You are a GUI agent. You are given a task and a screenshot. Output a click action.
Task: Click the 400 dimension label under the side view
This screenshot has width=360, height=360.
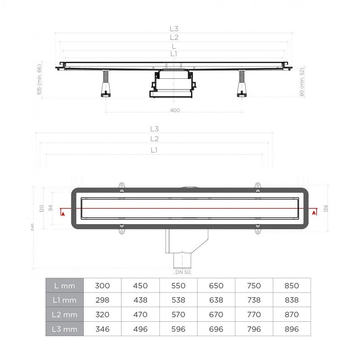click(175, 110)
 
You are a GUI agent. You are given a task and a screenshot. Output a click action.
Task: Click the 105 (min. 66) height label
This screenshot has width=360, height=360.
click(39, 79)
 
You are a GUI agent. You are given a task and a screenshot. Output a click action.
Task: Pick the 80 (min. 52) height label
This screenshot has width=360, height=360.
click(302, 81)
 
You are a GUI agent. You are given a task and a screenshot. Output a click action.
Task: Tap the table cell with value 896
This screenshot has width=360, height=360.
click(292, 329)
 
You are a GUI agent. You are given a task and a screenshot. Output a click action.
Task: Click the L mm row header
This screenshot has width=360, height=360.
click(64, 286)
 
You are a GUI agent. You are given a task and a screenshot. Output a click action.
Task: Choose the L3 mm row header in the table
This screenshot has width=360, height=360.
click(64, 329)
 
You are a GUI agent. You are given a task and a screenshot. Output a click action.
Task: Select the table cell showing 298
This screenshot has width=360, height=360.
click(102, 300)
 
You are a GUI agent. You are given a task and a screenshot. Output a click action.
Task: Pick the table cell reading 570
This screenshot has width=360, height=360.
click(178, 315)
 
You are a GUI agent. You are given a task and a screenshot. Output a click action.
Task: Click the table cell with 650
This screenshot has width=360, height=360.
click(216, 286)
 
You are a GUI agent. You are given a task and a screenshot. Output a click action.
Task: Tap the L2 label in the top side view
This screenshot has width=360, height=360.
click(174, 37)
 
